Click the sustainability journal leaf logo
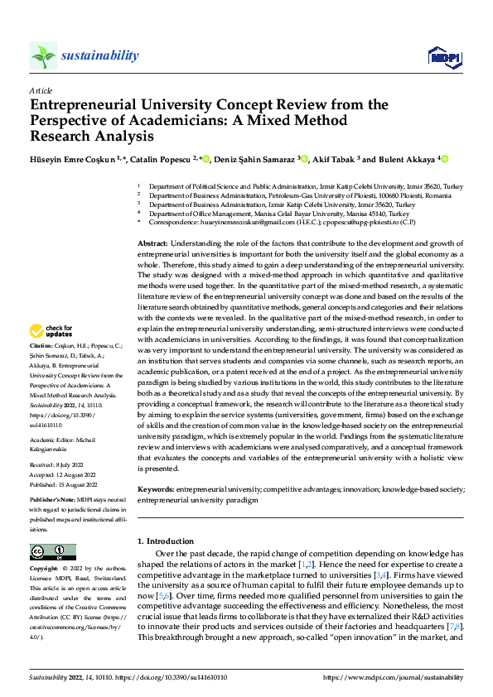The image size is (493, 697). tap(43, 55)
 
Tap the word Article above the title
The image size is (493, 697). tap(40, 90)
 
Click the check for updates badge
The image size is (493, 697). tap(51, 331)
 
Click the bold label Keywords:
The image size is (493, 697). tap(155, 489)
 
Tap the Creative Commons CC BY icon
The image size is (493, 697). tap(52, 552)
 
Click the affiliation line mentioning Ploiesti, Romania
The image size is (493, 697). tap(301, 196)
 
